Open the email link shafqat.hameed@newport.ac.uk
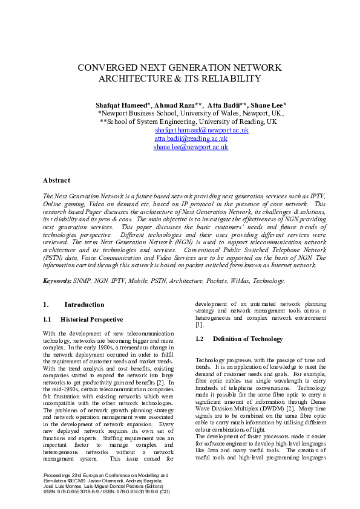(193, 130)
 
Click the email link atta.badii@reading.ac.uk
(191, 138)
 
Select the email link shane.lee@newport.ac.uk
(191, 147)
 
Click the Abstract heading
(56, 180)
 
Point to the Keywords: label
(57, 280)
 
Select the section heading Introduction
(84, 305)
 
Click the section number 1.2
(200, 339)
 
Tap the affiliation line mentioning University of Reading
(188, 122)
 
